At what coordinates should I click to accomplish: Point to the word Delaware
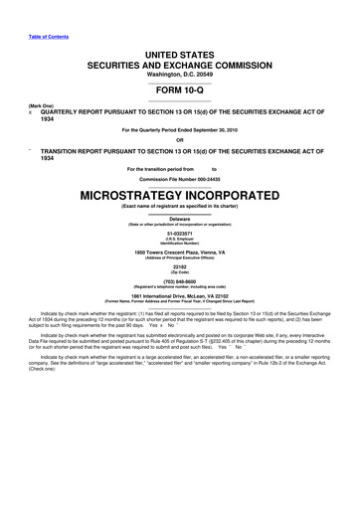pos(179,218)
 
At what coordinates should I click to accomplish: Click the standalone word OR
pos(179,138)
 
